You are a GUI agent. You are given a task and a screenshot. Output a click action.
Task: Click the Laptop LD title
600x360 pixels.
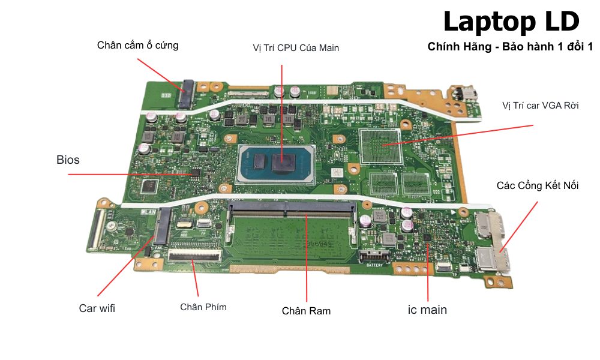click(x=511, y=22)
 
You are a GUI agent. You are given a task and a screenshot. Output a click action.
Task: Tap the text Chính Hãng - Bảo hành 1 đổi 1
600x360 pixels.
click(x=510, y=47)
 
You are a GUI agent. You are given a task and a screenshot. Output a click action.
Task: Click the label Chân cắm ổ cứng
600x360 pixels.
click(x=137, y=45)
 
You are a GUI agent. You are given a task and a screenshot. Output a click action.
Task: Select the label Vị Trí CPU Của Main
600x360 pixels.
click(x=296, y=48)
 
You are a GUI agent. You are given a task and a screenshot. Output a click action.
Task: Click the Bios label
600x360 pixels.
click(x=68, y=160)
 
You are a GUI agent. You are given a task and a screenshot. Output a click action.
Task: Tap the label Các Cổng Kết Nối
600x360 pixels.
click(x=538, y=185)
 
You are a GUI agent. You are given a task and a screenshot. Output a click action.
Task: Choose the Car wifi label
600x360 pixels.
click(x=97, y=308)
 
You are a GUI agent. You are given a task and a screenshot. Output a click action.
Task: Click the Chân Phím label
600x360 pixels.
click(x=203, y=307)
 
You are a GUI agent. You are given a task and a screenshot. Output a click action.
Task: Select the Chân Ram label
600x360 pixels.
click(x=306, y=311)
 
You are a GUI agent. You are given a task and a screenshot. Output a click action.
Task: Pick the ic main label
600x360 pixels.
click(x=427, y=310)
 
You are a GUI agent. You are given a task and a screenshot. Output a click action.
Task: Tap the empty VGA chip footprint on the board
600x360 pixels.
click(x=380, y=145)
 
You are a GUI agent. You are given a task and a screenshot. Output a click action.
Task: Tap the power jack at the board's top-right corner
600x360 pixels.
click(x=465, y=95)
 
